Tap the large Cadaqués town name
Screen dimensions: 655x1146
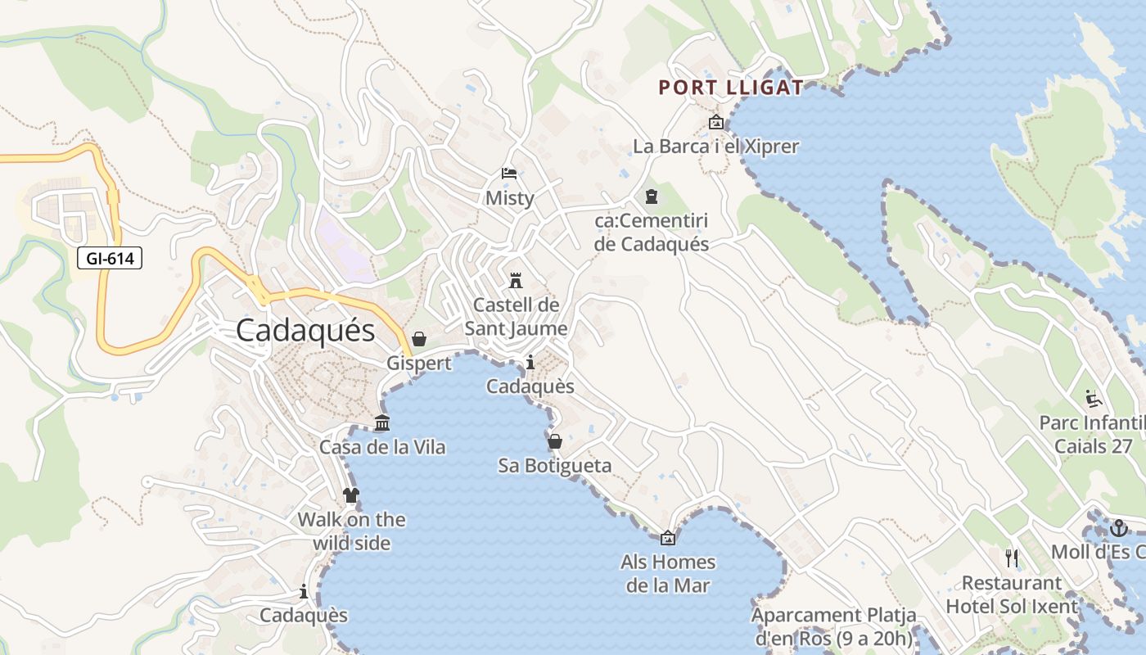pyautogui.click(x=305, y=331)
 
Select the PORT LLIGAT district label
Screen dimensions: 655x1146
pyautogui.click(x=731, y=88)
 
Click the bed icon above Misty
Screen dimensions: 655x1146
pyautogui.click(x=509, y=174)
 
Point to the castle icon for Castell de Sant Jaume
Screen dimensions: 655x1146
pyautogui.click(x=516, y=281)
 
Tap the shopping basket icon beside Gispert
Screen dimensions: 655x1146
pyautogui.click(x=419, y=339)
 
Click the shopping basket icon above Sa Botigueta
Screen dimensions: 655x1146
pyautogui.click(x=555, y=441)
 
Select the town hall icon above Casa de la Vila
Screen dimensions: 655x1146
pyautogui.click(x=382, y=423)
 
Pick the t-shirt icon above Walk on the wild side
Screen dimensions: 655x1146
pyautogui.click(x=351, y=495)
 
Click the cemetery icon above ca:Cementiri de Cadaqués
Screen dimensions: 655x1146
pyautogui.click(x=652, y=196)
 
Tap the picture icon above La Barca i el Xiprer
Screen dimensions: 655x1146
pyautogui.click(x=716, y=123)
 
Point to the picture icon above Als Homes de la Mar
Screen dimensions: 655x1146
pyautogui.click(x=668, y=538)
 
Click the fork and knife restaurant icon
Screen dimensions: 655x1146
pyautogui.click(x=1013, y=558)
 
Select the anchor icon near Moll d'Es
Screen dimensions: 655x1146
pyautogui.click(x=1119, y=528)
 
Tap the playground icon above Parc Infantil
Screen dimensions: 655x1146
pyautogui.click(x=1094, y=399)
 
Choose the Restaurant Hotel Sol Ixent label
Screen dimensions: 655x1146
pyautogui.click(x=1013, y=595)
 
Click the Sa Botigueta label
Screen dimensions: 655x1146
pyautogui.click(x=555, y=466)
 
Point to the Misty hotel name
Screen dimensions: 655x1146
pyautogui.click(x=509, y=198)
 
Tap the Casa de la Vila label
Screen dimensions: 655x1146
pyautogui.click(x=382, y=447)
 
